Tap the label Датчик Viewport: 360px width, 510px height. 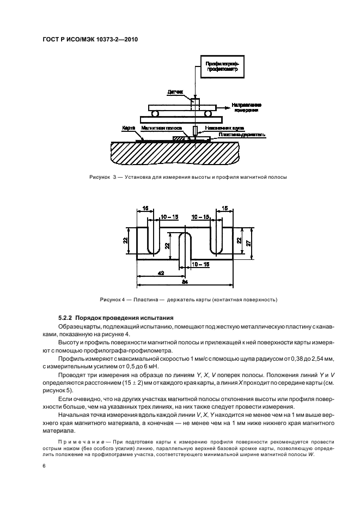coord(176,93)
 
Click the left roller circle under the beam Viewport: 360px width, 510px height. coord(156,114)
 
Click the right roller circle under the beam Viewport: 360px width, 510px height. coord(209,114)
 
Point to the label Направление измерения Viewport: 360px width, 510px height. coord(247,107)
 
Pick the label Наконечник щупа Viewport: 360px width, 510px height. coord(217,129)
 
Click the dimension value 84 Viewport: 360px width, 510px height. coord(185,282)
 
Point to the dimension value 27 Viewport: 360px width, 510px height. coord(248,244)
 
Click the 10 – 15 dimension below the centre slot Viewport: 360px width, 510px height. coord(199,264)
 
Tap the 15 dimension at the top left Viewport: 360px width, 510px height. coord(147,208)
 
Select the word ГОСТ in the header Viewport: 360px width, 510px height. coord(51,40)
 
